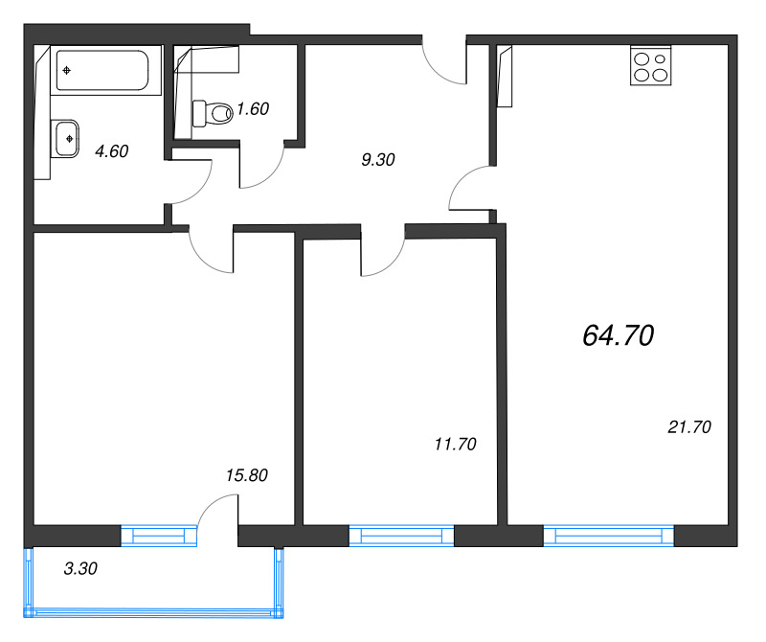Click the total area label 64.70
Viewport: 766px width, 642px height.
click(x=618, y=335)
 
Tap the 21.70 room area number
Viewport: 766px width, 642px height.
click(x=688, y=428)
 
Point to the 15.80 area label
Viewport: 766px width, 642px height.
click(x=246, y=474)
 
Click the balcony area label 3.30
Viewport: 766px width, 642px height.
click(x=80, y=568)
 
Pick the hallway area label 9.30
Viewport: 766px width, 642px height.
click(x=378, y=161)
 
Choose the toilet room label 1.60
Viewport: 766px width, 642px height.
click(x=253, y=109)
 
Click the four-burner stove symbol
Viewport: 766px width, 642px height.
click(x=651, y=68)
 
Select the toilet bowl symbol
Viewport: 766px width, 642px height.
click(x=213, y=113)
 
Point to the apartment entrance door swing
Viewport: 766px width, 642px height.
click(x=444, y=63)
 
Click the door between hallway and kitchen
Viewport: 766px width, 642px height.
click(x=472, y=189)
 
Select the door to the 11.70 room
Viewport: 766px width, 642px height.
click(x=383, y=255)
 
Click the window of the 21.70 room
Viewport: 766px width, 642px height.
click(x=610, y=536)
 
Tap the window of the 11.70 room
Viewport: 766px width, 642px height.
click(x=400, y=536)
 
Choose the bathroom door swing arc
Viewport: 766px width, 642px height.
click(x=189, y=182)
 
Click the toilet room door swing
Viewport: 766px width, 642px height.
click(x=260, y=166)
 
